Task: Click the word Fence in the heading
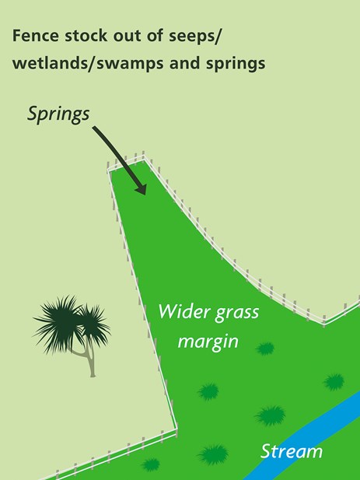coord(35,36)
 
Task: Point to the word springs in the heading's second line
coord(236,64)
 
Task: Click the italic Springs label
coord(58,114)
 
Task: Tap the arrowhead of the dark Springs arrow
coord(142,189)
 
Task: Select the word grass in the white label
coord(237,313)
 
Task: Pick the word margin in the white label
coord(208,341)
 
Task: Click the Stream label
coord(291,451)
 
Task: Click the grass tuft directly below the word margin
coord(208,391)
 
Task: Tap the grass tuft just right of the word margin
coord(265,349)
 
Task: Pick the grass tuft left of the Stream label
coord(213,455)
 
